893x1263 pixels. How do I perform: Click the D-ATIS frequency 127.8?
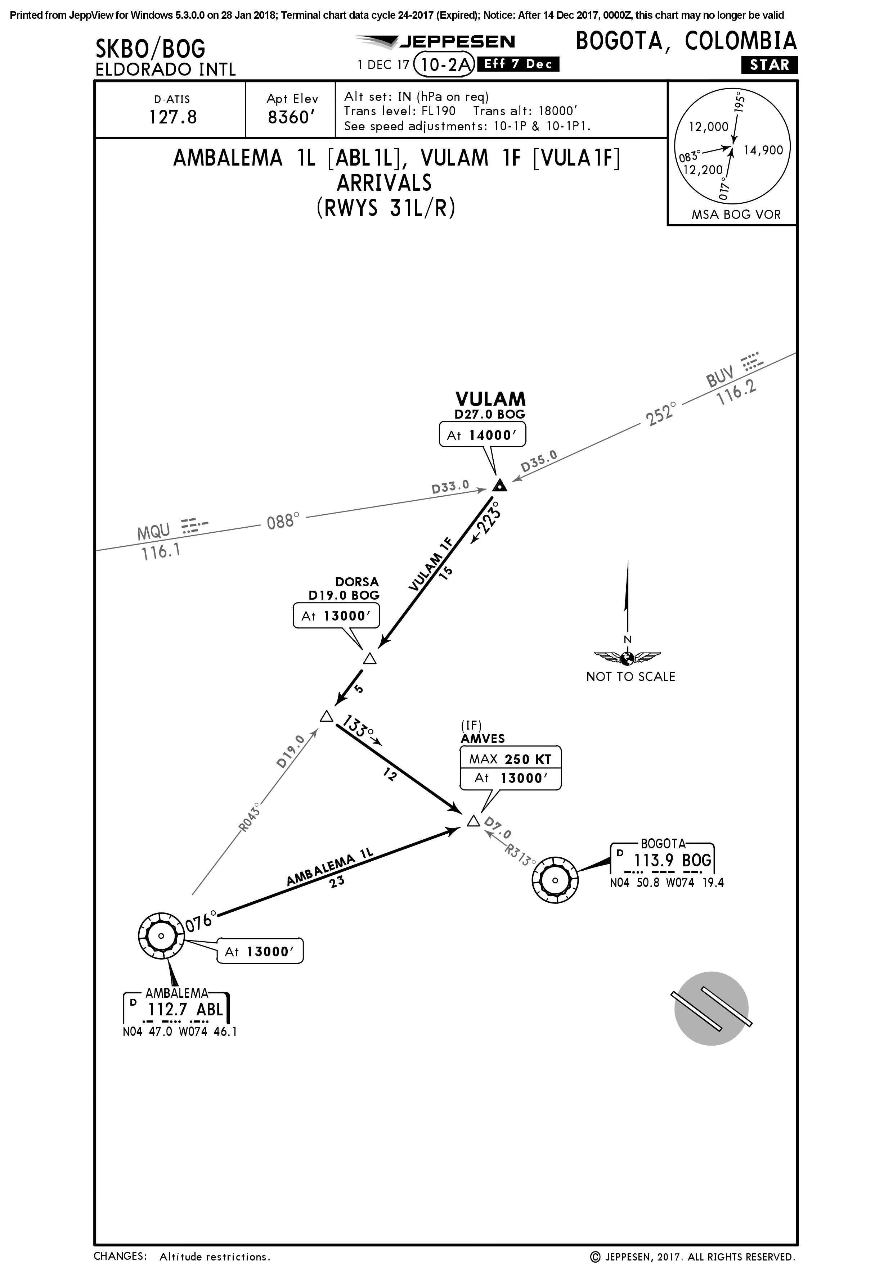pyautogui.click(x=173, y=117)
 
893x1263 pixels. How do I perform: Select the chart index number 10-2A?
pyautogui.click(x=444, y=65)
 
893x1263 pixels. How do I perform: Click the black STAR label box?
pyautogui.click(x=769, y=65)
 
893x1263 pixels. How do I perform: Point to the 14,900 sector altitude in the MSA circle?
pyautogui.click(x=763, y=150)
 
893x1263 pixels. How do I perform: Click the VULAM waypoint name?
pyautogui.click(x=490, y=399)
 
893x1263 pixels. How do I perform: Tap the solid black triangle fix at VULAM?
pyautogui.click(x=499, y=486)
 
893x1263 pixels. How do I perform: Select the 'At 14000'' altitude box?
pyautogui.click(x=482, y=435)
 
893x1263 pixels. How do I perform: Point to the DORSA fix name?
pyautogui.click(x=357, y=581)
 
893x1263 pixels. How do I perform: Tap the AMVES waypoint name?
pyautogui.click(x=483, y=738)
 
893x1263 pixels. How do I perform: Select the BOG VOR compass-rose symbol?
pyautogui.click(x=555, y=880)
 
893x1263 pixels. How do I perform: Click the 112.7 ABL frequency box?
pyautogui.click(x=176, y=1009)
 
